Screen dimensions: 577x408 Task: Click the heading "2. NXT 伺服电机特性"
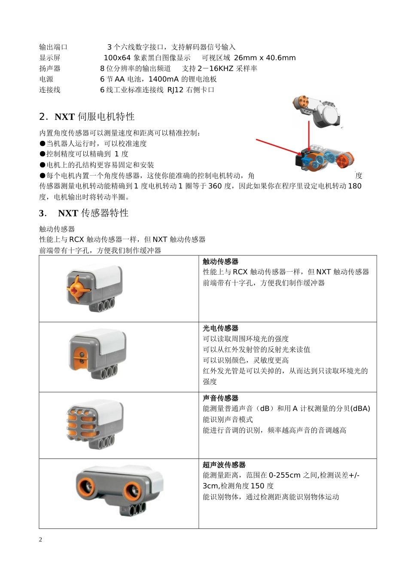click(x=87, y=117)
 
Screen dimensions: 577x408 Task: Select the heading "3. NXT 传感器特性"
click(x=84, y=213)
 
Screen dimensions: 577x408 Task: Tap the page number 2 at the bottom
click(x=41, y=540)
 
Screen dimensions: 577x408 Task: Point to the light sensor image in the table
click(x=97, y=354)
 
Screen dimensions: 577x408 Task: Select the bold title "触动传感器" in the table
click(x=220, y=261)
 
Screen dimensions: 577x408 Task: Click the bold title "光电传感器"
click(x=220, y=328)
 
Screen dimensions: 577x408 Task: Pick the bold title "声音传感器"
click(x=220, y=398)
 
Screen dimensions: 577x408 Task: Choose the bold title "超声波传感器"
click(x=224, y=465)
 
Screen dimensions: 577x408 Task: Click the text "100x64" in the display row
click(x=117, y=58)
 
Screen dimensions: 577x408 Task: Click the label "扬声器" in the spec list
click(x=50, y=69)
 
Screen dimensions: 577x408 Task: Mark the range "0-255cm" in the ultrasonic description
click(x=284, y=475)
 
